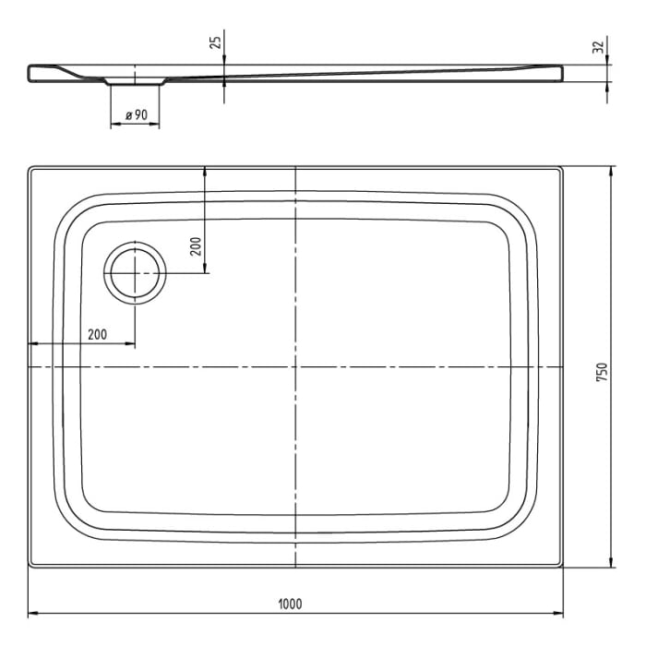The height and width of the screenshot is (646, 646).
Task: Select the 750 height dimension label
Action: [x=601, y=370]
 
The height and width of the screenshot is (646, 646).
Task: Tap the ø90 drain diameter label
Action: [x=136, y=114]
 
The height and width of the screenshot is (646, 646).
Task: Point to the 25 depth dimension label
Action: [x=215, y=42]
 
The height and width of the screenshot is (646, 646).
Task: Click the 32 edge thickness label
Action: [x=598, y=46]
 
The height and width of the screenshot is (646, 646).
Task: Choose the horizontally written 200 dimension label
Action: [x=97, y=334]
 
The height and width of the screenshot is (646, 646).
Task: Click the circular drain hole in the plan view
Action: [x=136, y=274]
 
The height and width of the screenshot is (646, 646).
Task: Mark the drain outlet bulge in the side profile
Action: [x=135, y=82]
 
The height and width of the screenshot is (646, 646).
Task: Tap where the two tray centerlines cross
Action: [x=295, y=367]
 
